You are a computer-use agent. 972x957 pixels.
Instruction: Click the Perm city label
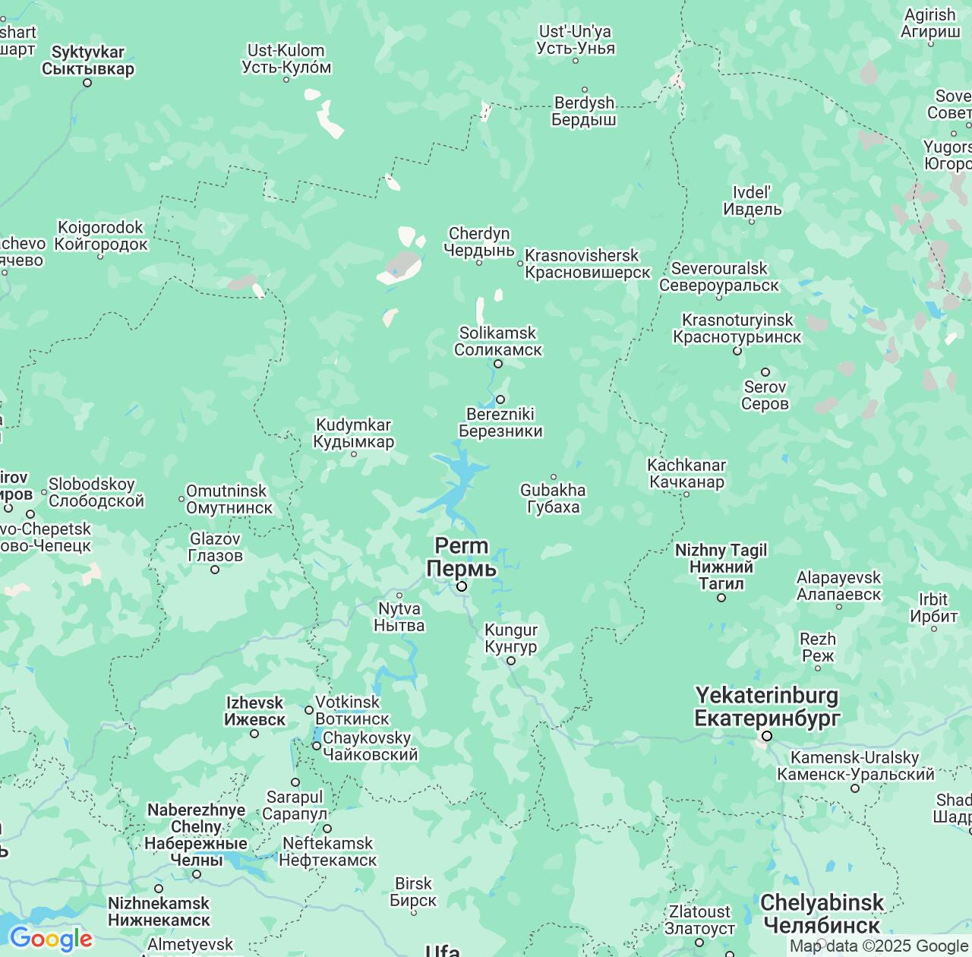[x=461, y=557]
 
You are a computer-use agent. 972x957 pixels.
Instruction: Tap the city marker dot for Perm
[x=461, y=586]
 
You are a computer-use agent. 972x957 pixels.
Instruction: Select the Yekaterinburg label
[x=767, y=706]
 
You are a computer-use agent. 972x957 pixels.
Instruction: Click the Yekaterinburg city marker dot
[x=767, y=736]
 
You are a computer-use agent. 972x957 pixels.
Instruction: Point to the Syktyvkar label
[x=87, y=61]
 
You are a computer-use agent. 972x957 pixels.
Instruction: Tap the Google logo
[x=50, y=939]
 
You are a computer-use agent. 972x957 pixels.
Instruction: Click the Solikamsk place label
[x=498, y=342]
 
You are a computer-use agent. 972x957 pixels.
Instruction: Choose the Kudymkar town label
[x=354, y=434]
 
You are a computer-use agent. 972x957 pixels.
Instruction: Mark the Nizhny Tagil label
[x=721, y=567]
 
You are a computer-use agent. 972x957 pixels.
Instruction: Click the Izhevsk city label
[x=255, y=711]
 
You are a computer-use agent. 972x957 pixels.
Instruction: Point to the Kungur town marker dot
[x=511, y=661]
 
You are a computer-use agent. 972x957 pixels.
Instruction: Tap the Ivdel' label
[x=752, y=201]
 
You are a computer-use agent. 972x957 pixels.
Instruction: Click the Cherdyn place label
[x=479, y=242]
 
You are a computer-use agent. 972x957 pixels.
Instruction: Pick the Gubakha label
[x=553, y=498]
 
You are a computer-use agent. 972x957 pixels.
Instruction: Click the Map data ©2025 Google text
[x=879, y=946]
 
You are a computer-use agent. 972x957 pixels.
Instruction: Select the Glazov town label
[x=215, y=547]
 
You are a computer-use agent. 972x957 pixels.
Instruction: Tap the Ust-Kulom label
[x=286, y=58]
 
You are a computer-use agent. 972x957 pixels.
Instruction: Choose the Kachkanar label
[x=686, y=473]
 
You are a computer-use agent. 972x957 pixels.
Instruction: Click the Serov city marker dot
[x=765, y=372]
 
